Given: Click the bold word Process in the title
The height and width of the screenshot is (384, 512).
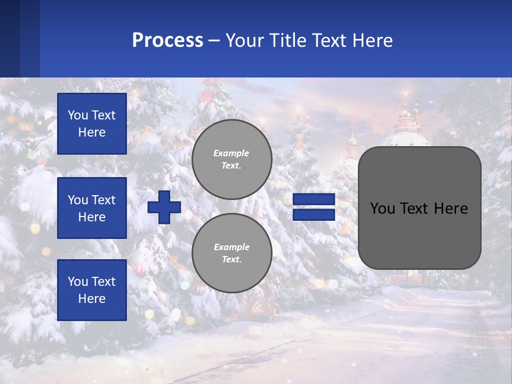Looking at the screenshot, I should pyautogui.click(x=167, y=41).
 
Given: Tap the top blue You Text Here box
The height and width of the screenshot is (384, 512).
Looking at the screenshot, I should pyautogui.click(x=92, y=124).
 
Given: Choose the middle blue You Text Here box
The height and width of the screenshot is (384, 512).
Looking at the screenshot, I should pyautogui.click(x=92, y=208).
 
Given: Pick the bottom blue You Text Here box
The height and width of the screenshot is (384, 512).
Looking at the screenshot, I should pyautogui.click(x=92, y=290).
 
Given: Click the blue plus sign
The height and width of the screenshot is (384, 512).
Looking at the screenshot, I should pyautogui.click(x=164, y=207).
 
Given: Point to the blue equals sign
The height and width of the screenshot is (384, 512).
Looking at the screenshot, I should pyautogui.click(x=314, y=207).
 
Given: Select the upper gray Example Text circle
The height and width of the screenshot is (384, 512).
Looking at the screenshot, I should pyautogui.click(x=231, y=159).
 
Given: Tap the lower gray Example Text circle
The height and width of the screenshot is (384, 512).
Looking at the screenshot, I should pyautogui.click(x=231, y=253).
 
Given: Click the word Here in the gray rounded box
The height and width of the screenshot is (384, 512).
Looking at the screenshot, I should pyautogui.click(x=451, y=208).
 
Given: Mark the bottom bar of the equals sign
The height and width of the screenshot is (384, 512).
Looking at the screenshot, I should pyautogui.click(x=314, y=214).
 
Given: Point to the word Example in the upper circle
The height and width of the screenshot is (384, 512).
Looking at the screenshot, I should pyautogui.click(x=231, y=153).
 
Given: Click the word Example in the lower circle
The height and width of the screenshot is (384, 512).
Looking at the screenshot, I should pyautogui.click(x=231, y=247).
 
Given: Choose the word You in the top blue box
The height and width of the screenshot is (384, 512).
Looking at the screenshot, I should pyautogui.click(x=78, y=115).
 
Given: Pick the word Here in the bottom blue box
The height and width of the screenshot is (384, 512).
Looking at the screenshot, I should pyautogui.click(x=92, y=299).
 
